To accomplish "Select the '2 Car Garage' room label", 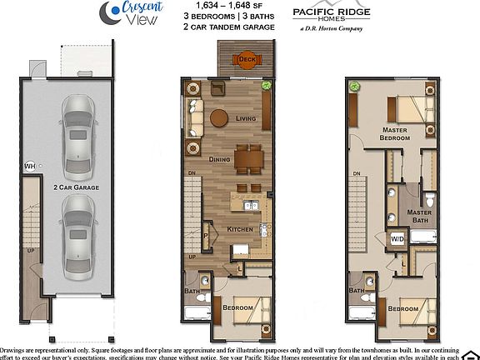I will click(76, 188).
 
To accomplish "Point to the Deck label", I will click(247, 59).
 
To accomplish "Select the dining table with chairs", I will click(247, 158).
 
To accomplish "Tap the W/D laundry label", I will click(397, 240).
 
